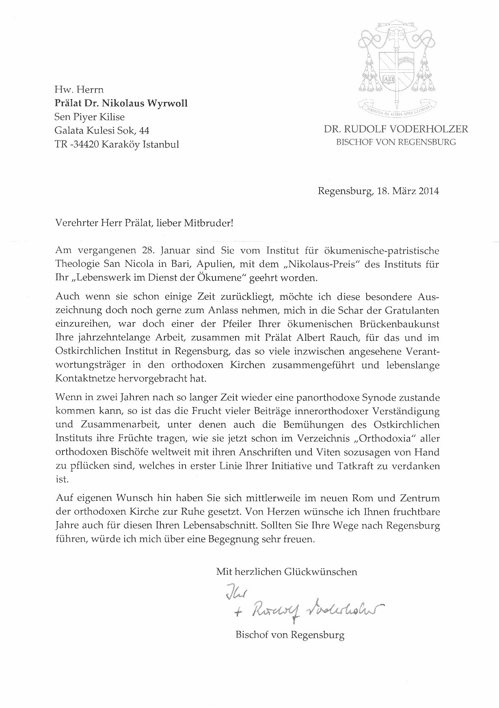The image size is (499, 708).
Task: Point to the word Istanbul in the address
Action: tap(160, 144)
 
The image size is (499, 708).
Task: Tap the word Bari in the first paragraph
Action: tap(183, 264)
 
